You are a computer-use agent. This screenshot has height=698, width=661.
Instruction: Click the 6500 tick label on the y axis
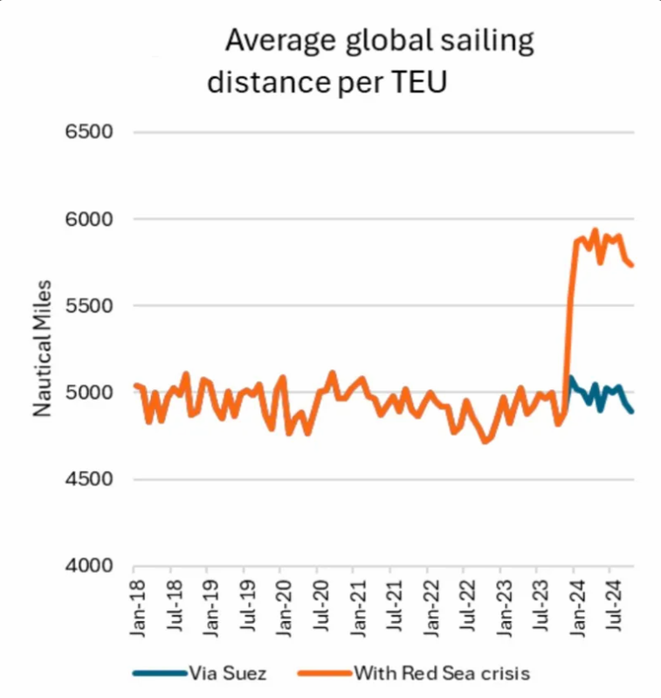(x=89, y=132)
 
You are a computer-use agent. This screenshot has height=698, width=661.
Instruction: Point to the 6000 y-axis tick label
(x=89, y=219)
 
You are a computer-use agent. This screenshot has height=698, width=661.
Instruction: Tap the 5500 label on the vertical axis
(x=89, y=306)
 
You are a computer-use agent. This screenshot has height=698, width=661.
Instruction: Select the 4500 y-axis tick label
(x=89, y=479)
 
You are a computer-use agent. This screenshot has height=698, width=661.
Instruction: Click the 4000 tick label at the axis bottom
(x=89, y=565)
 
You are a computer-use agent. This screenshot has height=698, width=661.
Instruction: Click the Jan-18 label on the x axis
(x=138, y=608)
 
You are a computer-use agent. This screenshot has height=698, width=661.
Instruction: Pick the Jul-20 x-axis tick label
(x=321, y=606)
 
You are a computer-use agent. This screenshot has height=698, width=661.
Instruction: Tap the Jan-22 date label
(x=431, y=608)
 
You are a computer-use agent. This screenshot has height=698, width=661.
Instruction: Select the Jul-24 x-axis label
(x=615, y=606)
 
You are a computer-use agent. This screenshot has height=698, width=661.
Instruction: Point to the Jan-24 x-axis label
(x=578, y=608)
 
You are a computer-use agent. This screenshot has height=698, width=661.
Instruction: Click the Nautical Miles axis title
(x=42, y=348)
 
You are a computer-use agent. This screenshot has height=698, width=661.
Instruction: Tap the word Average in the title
(x=280, y=41)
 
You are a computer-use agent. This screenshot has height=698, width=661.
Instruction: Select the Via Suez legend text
(x=228, y=673)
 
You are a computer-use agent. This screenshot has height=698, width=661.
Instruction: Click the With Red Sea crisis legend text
(x=443, y=673)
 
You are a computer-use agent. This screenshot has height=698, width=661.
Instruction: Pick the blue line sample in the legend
(x=160, y=673)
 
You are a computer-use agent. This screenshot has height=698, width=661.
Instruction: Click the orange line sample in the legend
(x=325, y=673)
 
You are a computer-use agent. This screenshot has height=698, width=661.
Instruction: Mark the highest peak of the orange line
(x=595, y=230)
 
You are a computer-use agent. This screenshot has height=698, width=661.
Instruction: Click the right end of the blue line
(x=631, y=412)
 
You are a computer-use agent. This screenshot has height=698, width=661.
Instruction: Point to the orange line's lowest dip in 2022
(x=485, y=441)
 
